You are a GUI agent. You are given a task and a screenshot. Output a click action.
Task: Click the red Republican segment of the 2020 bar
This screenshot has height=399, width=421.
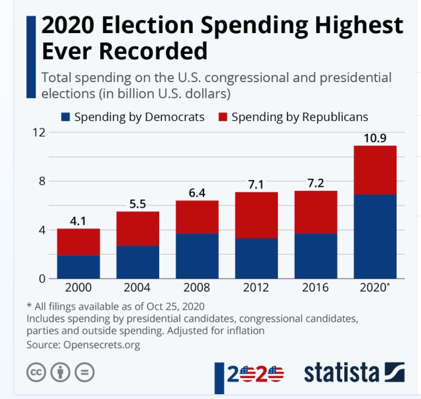click(x=375, y=170)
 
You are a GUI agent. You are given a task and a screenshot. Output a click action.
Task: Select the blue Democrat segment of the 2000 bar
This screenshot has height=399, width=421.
click(x=78, y=267)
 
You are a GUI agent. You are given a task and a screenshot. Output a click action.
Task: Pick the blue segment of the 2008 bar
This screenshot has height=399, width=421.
click(x=197, y=256)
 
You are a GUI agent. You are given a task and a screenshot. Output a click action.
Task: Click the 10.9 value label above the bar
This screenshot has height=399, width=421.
click(x=375, y=138)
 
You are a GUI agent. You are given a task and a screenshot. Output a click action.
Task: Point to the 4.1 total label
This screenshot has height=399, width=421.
click(x=78, y=221)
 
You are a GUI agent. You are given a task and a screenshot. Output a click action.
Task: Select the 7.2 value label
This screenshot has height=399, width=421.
click(x=316, y=183)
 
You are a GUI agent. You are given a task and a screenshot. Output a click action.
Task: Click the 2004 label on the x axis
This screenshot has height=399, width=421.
click(x=137, y=288)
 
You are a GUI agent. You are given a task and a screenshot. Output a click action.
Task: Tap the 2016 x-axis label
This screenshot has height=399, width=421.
click(x=316, y=288)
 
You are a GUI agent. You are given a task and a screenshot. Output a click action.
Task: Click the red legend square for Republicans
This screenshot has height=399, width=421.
click(x=223, y=117)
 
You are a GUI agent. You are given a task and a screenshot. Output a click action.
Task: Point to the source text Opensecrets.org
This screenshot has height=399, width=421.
click(x=102, y=345)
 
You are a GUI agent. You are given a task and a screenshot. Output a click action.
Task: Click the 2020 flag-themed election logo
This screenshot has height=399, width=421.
click(x=255, y=373)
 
